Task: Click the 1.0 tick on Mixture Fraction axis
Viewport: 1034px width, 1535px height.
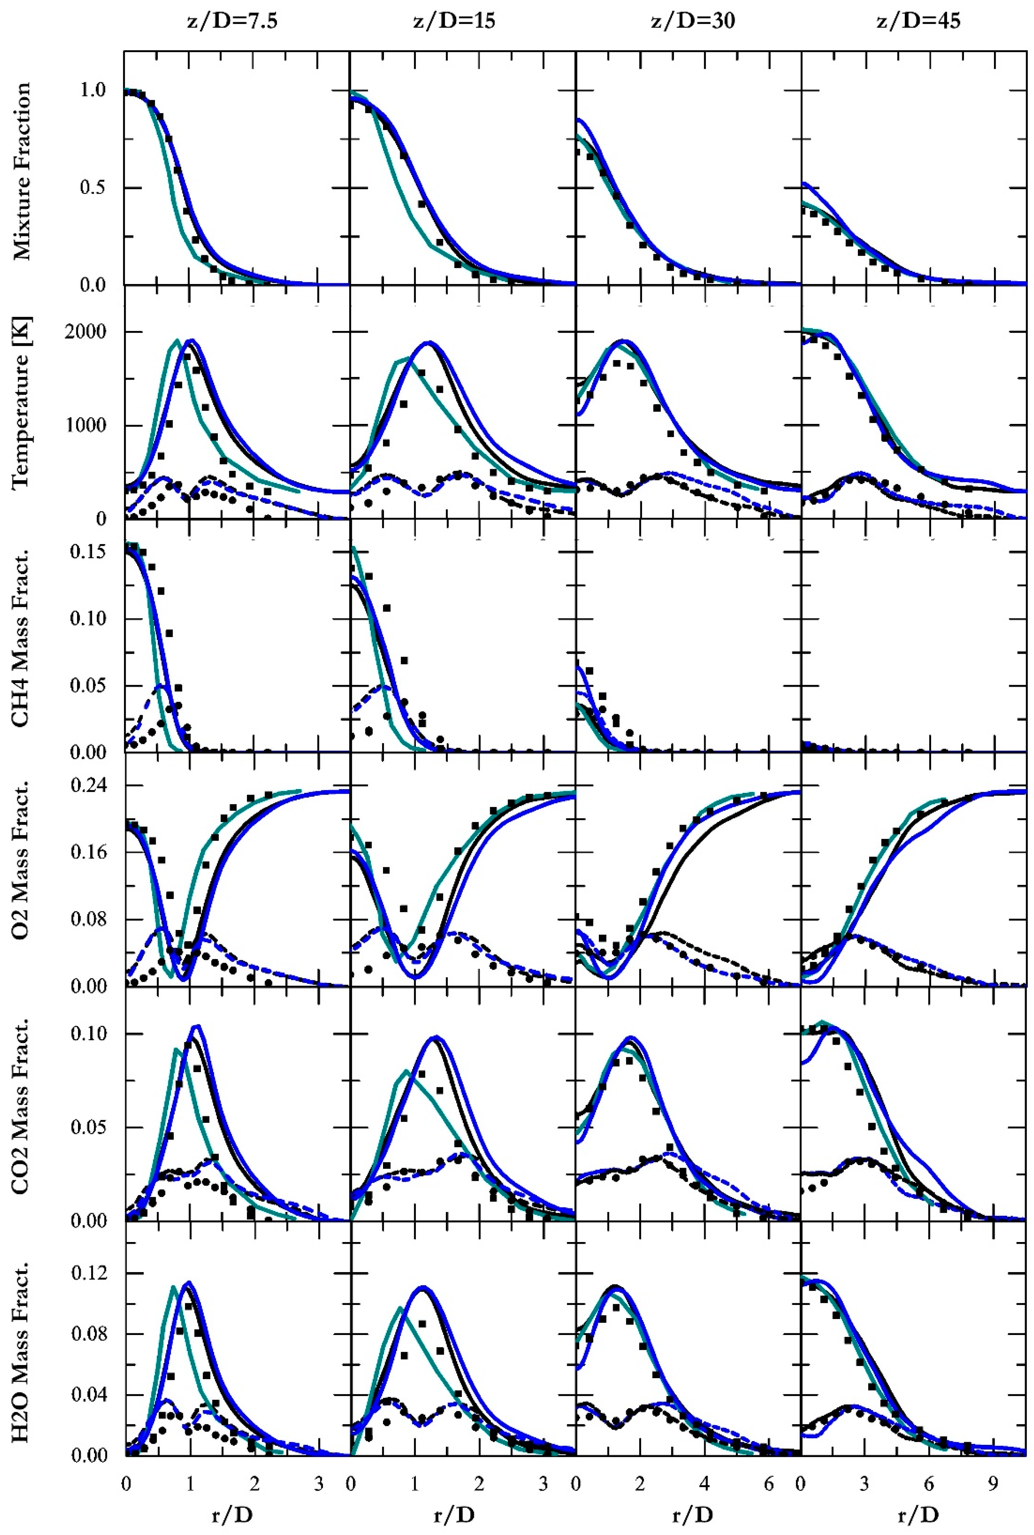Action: (x=92, y=91)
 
